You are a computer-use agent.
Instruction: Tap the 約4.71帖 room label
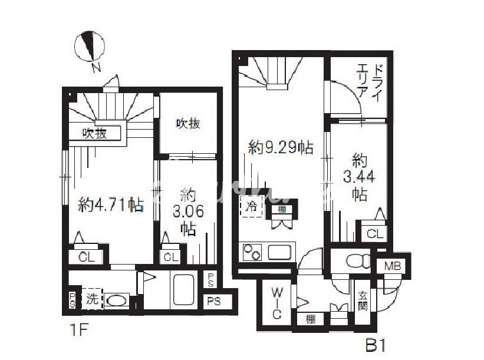(x=111, y=206)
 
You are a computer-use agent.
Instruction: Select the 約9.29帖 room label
(x=280, y=148)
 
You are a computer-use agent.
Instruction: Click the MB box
(x=393, y=267)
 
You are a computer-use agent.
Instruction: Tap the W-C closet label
(x=276, y=303)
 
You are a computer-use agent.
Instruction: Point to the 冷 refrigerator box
(x=252, y=207)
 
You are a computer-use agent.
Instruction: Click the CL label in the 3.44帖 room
(x=374, y=234)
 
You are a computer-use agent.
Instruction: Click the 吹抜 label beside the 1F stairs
(x=94, y=133)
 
